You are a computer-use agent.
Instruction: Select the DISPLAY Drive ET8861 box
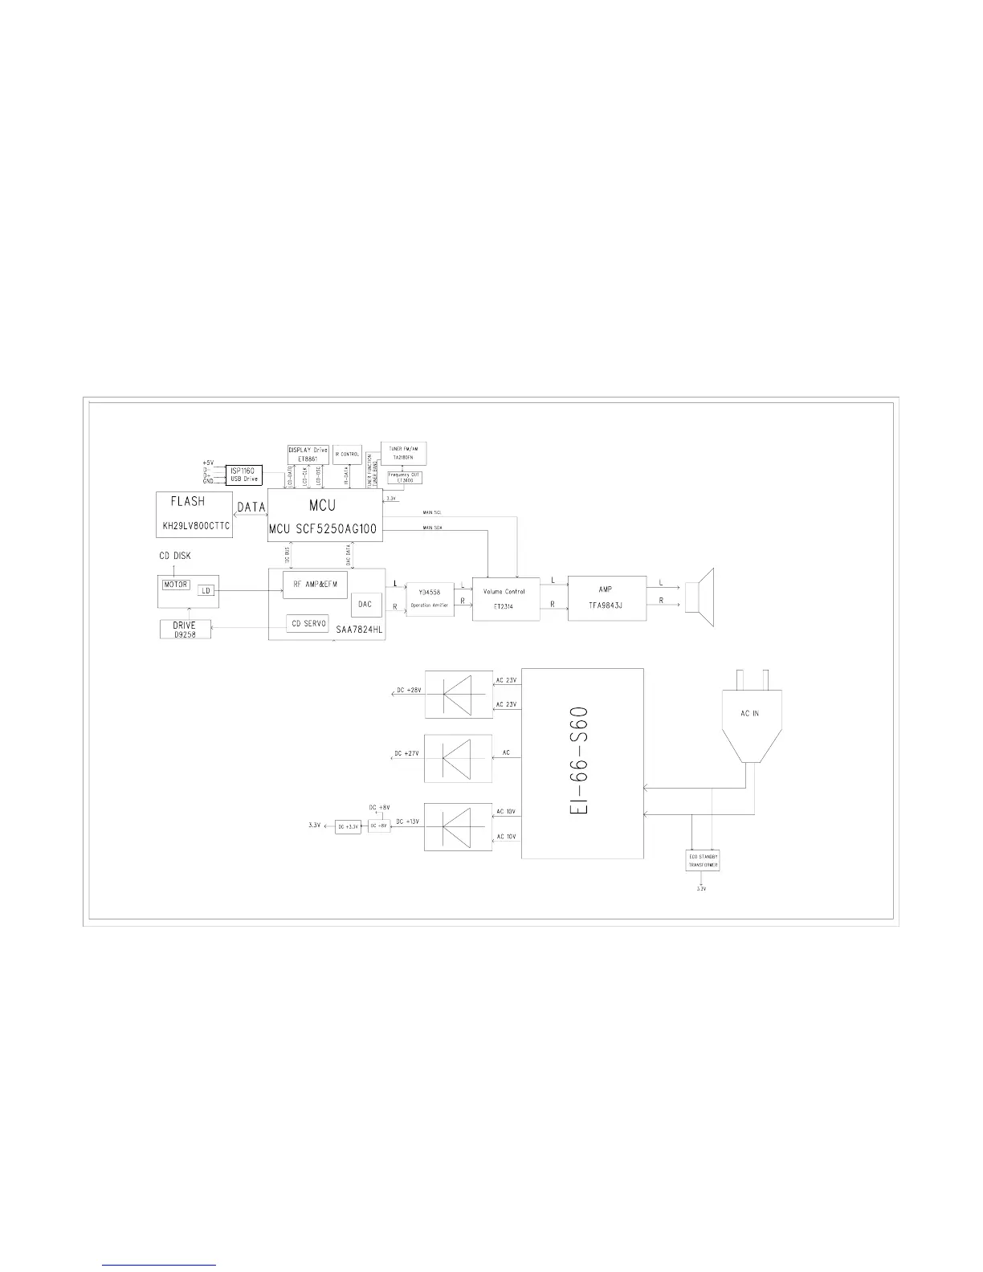point(308,455)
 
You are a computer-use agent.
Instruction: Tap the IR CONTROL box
point(347,455)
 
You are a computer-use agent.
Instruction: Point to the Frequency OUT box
point(404,477)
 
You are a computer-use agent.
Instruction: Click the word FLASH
point(188,502)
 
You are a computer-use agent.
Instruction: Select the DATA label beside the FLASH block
point(251,508)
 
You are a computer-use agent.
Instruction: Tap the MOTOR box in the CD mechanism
point(175,585)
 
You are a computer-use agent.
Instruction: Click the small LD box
point(206,590)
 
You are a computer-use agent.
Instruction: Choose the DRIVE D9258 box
point(184,629)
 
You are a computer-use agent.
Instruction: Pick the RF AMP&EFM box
point(316,585)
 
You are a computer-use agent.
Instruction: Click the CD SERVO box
point(308,623)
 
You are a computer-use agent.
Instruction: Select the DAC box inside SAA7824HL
point(365,604)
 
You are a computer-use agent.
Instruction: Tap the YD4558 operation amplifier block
point(430,600)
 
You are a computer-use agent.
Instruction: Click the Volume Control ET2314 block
point(504,598)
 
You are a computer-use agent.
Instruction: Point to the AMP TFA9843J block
point(606,598)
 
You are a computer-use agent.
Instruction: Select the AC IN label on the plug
point(749,713)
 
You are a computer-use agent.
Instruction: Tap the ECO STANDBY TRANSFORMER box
point(702,862)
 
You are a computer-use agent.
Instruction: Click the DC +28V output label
point(409,691)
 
